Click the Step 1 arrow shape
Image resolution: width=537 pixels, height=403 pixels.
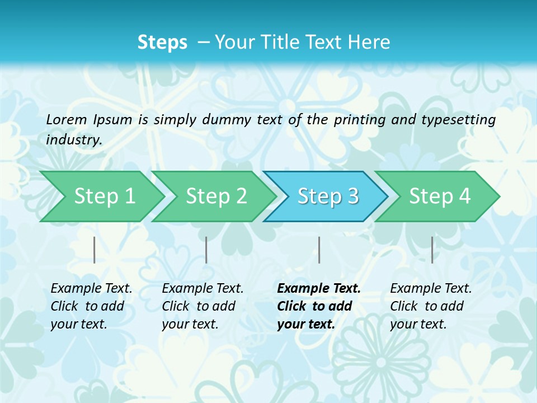point(104,196)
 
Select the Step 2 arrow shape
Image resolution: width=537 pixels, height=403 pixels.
point(216,196)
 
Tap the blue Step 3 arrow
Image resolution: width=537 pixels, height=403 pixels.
point(328,196)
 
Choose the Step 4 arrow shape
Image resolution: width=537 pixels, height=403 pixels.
point(440,196)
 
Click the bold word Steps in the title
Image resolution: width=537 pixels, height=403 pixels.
point(162,43)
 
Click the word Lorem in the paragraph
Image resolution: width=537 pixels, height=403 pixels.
point(67,119)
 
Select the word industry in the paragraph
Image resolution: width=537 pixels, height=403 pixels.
point(73,139)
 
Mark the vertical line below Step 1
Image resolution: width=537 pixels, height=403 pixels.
point(94,250)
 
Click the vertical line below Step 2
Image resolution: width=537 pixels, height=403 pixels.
point(206,250)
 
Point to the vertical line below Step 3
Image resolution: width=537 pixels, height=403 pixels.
point(319,250)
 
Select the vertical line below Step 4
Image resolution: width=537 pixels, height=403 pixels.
point(432,250)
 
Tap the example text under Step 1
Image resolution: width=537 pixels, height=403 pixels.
point(91,306)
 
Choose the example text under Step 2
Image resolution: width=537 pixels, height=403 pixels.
point(202,306)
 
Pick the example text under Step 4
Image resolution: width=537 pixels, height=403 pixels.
point(431,306)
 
